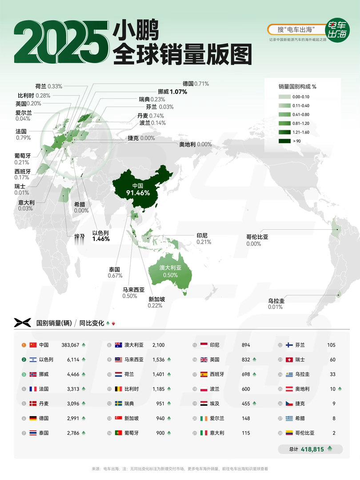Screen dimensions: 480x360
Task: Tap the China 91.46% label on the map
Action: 138,189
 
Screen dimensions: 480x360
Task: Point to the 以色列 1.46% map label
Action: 101,236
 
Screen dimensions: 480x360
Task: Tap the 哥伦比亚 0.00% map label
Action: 257,240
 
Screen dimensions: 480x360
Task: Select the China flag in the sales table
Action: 32,345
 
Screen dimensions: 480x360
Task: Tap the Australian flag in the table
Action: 119,345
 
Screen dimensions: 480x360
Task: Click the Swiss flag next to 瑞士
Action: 290,360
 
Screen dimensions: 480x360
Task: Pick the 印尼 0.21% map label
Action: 202,239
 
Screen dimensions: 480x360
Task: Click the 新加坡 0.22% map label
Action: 156,303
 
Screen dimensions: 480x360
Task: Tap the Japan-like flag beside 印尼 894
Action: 204,345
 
